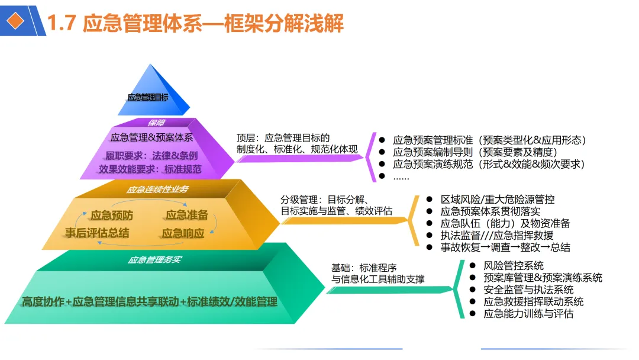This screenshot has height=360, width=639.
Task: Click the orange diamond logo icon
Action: pos(18,21)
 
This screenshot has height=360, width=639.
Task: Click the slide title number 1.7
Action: pos(62,23)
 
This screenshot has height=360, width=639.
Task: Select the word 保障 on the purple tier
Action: pos(156,123)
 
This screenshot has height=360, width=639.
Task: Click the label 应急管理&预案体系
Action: pos(151,137)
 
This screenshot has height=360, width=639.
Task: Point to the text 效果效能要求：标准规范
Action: pos(150,169)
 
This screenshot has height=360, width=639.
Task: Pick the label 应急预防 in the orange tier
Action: pos(112,216)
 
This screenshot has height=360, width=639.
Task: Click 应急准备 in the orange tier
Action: pos(187,215)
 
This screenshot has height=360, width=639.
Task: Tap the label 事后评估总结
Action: pos(97,233)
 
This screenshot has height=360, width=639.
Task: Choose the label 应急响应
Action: pos(183,233)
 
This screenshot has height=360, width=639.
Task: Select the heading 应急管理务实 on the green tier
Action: pos(154,259)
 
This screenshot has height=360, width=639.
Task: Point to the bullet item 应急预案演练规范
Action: pos(489,164)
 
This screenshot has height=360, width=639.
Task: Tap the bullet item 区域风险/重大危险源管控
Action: pos(498,200)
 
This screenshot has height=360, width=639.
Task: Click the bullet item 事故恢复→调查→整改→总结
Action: pos(505,247)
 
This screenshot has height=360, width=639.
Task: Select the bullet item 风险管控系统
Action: pos(514,266)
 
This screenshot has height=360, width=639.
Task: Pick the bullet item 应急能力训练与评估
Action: pos(528,314)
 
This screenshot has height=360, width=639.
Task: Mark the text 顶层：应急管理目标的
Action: pos(283,137)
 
